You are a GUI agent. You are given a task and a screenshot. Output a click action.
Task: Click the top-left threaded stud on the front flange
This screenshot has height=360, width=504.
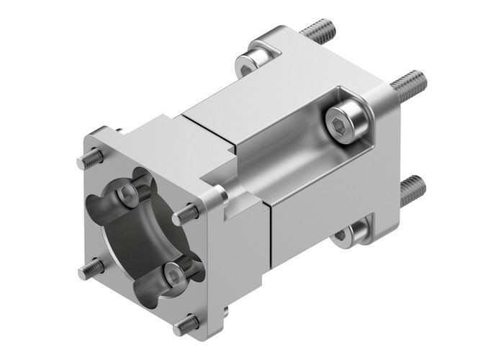86,158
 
